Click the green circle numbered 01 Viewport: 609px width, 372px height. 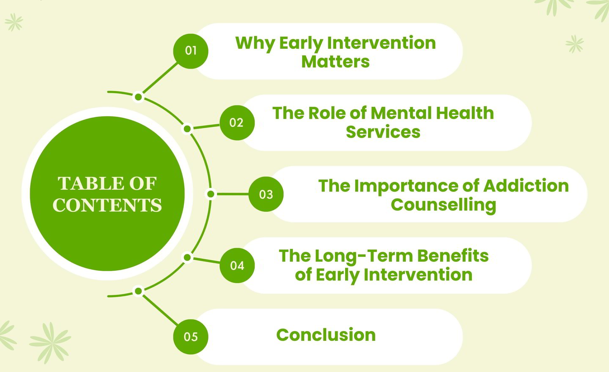coord(191,51)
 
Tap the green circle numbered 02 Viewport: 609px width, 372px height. coord(237,123)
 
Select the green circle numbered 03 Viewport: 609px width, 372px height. coord(266,194)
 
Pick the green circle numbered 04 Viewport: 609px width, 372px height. coord(237,265)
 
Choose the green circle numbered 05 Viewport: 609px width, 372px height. coord(191,337)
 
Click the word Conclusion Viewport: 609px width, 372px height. coord(326,335)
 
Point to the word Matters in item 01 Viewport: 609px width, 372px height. coord(335,62)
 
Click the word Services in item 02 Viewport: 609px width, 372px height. coord(383,132)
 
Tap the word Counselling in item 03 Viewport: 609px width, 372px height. coord(443,205)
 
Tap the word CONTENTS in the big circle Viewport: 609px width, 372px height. coord(107,205)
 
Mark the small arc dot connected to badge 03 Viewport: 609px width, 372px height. coord(211,194)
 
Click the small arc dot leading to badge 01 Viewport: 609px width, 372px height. coord(138,97)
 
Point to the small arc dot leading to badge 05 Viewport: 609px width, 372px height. coord(138,291)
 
